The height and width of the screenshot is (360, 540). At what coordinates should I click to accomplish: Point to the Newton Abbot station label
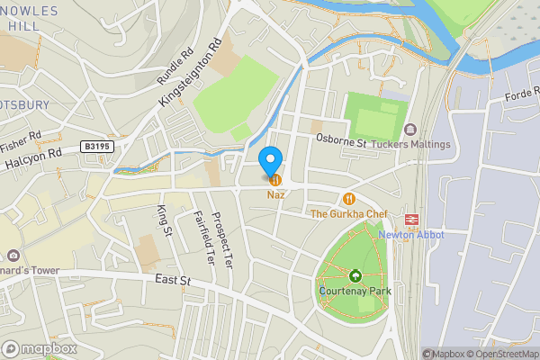(411, 235)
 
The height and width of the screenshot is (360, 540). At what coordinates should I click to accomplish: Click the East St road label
(174, 282)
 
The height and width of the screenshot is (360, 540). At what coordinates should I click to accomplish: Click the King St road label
(164, 221)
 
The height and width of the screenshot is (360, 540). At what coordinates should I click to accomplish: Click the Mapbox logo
(40, 348)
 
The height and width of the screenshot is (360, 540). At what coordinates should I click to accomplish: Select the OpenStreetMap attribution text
(500, 354)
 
